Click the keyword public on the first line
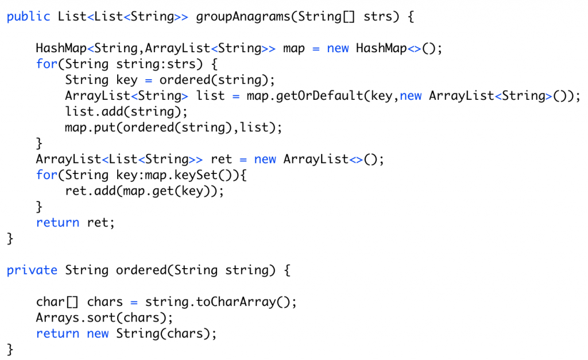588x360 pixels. point(29,17)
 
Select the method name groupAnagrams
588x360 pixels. point(243,17)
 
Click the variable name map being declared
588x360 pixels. point(293,49)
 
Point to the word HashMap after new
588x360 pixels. point(381,48)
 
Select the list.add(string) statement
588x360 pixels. point(126,112)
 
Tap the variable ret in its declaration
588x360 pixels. point(221,160)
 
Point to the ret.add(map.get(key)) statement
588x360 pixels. point(144,191)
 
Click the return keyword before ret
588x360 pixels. point(58,223)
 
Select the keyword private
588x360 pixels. point(32,270)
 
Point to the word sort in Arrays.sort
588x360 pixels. point(101,318)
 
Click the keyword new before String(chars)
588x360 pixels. point(98,334)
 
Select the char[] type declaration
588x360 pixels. point(57,302)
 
